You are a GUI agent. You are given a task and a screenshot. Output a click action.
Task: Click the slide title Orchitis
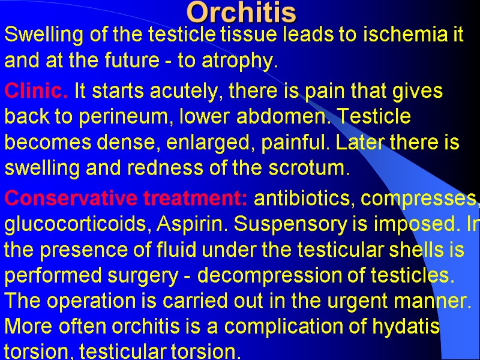click(241, 12)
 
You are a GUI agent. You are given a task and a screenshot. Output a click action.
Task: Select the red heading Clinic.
click(37, 92)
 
